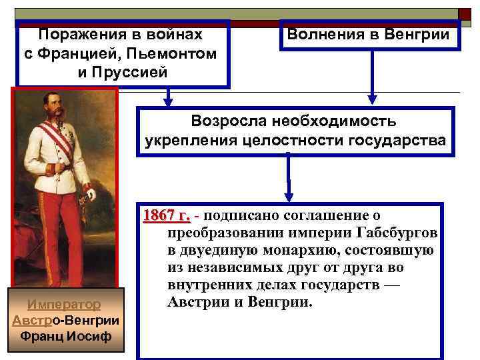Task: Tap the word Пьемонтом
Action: (179, 53)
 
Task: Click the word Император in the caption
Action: (65, 305)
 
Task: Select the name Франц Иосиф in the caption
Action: (65, 335)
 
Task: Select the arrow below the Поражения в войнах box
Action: (168, 98)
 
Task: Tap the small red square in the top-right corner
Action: (465, 14)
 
